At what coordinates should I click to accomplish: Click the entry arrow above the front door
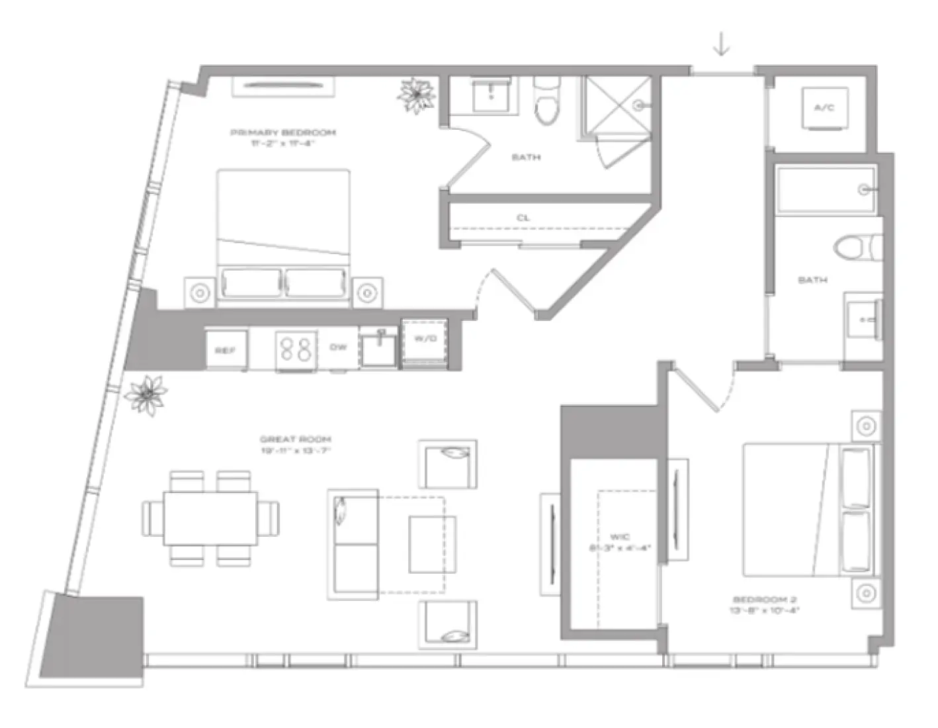point(721,44)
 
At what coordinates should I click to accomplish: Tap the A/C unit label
point(824,108)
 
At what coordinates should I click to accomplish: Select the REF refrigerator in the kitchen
point(226,349)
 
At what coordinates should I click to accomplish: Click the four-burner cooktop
point(296,348)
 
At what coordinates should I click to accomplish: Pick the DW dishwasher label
point(338,347)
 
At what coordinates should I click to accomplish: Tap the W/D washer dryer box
point(425,340)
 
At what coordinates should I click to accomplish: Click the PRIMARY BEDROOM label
point(282,132)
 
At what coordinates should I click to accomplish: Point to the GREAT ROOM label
point(295,439)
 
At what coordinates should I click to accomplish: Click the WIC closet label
point(619,537)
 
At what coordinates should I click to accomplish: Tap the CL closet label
point(523,218)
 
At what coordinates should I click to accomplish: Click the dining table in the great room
point(210,518)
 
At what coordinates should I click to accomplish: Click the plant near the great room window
point(146,395)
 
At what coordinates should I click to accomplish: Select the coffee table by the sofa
point(432,544)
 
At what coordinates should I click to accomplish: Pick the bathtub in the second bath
point(826,191)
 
